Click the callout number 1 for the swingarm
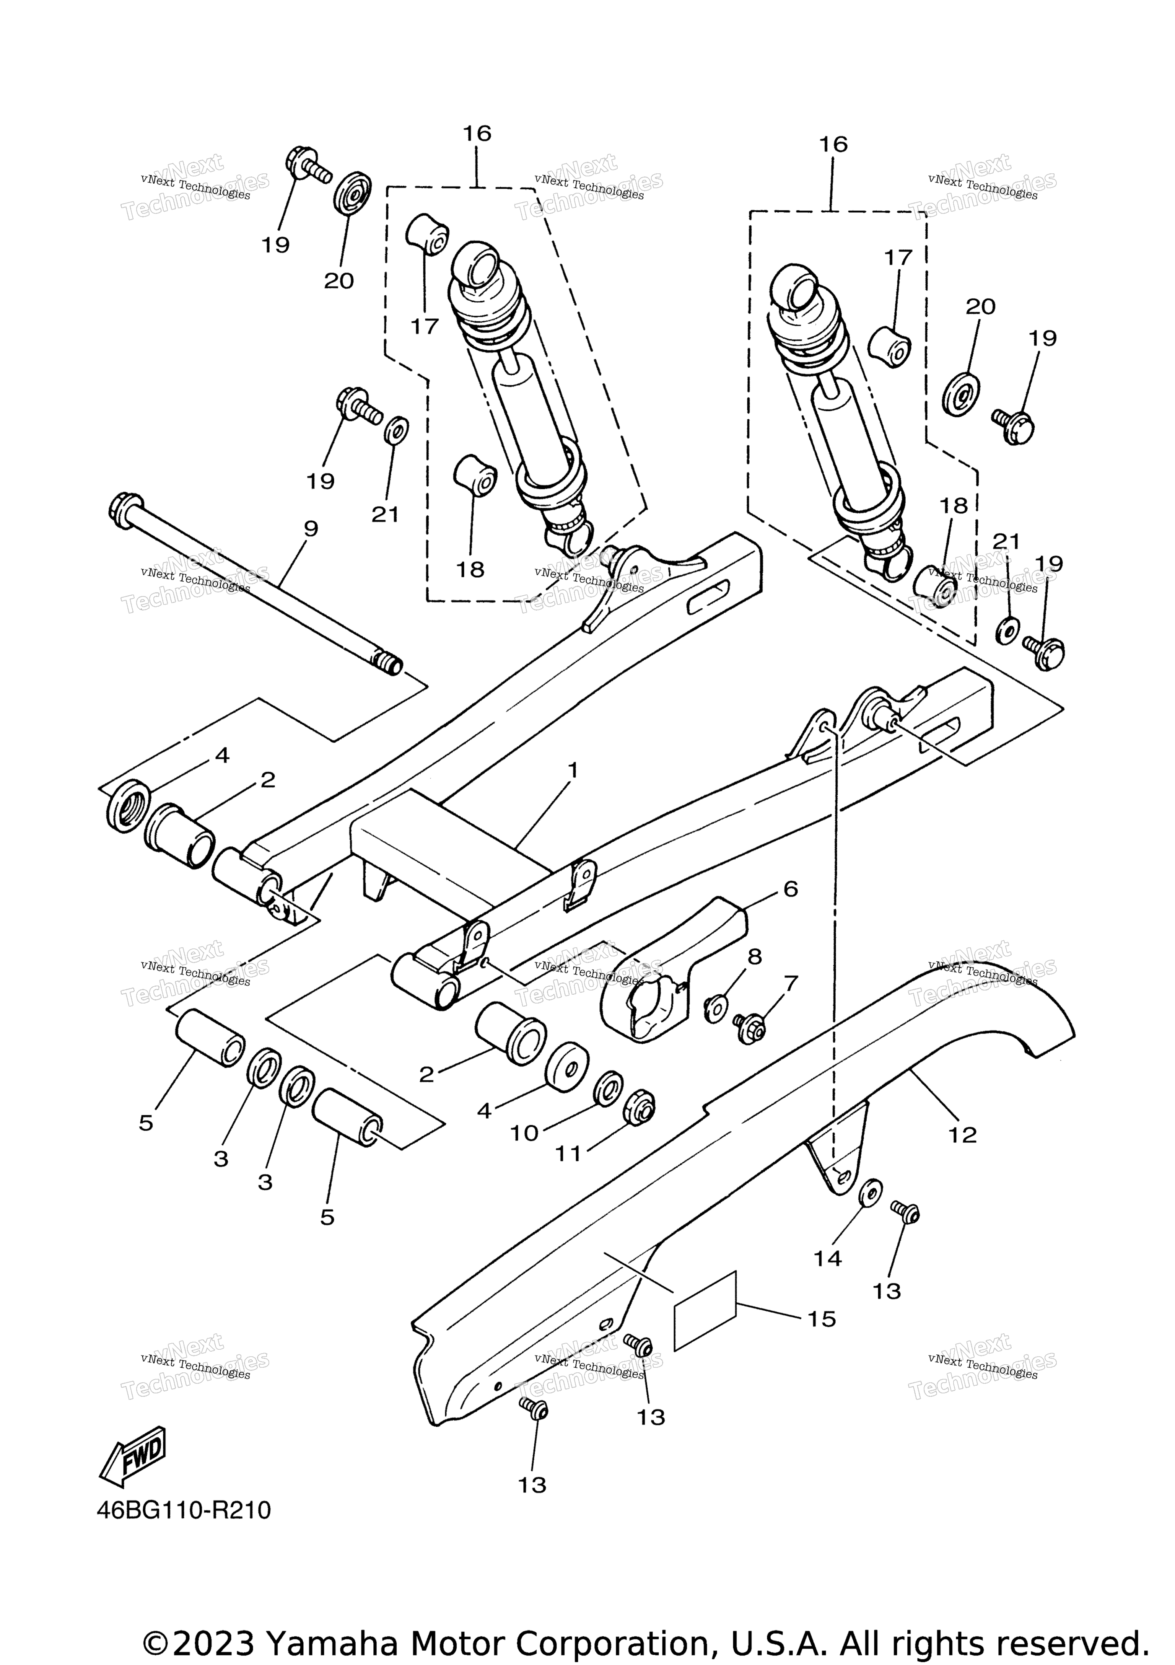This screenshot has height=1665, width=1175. point(573,770)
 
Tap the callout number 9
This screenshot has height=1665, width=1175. point(310,529)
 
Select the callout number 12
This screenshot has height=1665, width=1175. point(962,1135)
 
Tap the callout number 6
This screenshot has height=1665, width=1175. point(790,888)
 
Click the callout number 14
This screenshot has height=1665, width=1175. point(827,1258)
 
